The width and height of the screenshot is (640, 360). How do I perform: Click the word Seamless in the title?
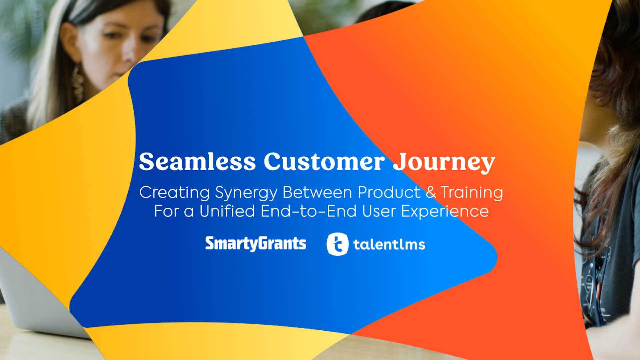click(x=197, y=162)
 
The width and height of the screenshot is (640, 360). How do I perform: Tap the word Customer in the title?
click(x=324, y=162)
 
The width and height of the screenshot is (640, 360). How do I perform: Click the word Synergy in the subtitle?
click(x=246, y=193)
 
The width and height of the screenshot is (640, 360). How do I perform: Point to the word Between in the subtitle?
click(x=317, y=192)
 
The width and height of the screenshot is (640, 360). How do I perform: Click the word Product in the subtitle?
click(x=389, y=192)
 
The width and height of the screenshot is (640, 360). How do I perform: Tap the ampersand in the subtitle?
click(x=431, y=192)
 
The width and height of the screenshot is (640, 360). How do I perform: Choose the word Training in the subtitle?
click(x=472, y=193)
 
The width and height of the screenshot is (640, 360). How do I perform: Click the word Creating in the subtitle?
click(x=174, y=193)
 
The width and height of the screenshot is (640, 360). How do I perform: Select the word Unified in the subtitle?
click(x=227, y=211)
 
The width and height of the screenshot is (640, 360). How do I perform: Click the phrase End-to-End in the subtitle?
click(x=309, y=211)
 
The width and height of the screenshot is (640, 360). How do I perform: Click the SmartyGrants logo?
click(x=256, y=244)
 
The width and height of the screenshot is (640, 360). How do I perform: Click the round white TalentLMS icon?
click(x=337, y=244)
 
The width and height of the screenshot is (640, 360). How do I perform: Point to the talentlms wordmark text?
click(x=389, y=244)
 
